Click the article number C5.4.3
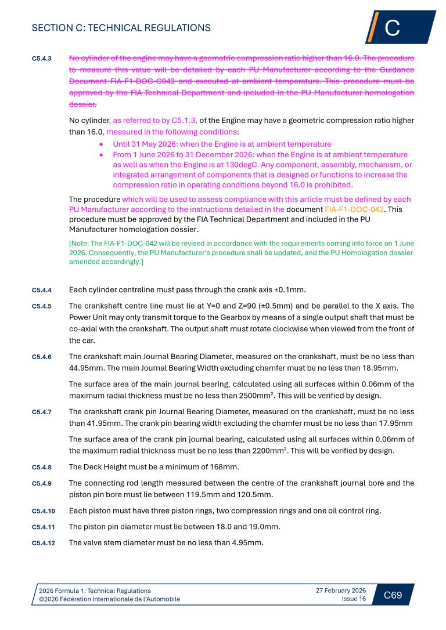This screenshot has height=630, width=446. tap(42, 59)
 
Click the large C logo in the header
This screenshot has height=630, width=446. tap(393, 28)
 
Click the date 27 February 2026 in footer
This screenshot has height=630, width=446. tap(341, 590)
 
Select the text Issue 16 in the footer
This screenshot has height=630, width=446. tap(354, 599)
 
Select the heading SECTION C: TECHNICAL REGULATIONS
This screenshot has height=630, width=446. tap(121, 28)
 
